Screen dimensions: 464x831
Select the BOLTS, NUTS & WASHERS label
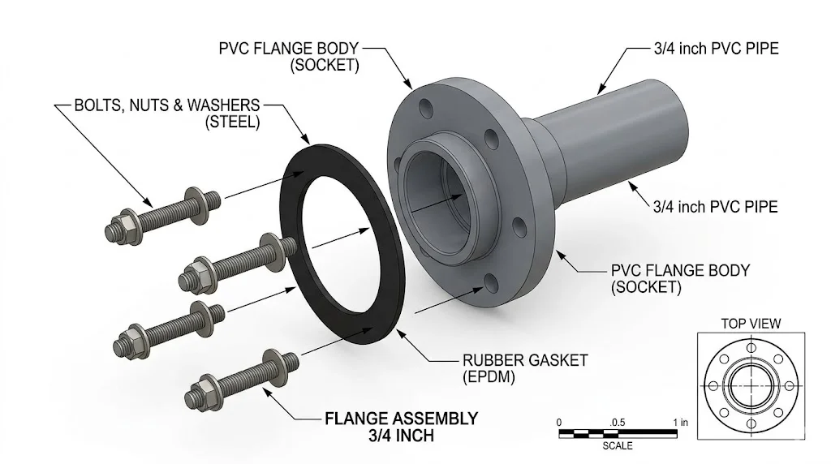pos(167,105)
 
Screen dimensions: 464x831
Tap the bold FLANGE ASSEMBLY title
pos(401,419)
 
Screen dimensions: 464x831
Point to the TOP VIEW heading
pos(751,324)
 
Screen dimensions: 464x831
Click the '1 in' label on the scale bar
pos(681,423)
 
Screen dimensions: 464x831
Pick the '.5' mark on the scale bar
pos(617,423)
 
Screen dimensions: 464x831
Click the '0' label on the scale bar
pos(559,423)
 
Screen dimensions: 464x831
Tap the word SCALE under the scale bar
pos(618,446)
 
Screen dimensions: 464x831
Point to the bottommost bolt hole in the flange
pos(490,282)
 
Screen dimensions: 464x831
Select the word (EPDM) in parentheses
pos(484,377)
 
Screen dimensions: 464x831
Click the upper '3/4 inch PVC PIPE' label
pos(716,49)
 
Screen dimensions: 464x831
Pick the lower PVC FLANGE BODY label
pos(680,270)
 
